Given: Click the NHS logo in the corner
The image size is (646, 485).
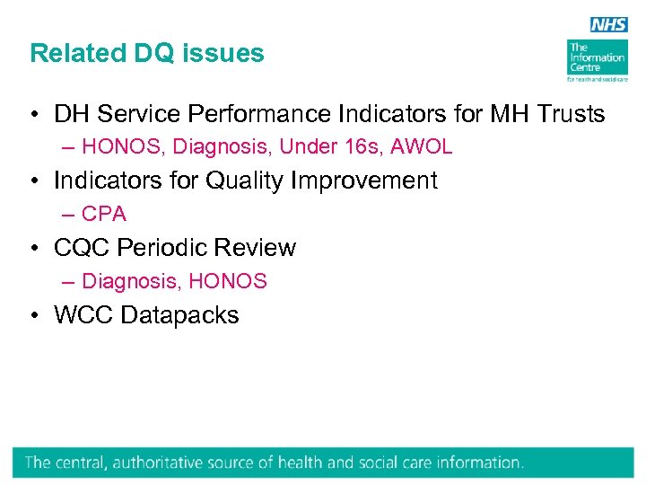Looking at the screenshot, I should pyautogui.click(x=609, y=24).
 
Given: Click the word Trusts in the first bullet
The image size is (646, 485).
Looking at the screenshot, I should pyautogui.click(x=569, y=114).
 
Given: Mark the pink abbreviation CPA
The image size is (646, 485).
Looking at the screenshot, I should pyautogui.click(x=104, y=214).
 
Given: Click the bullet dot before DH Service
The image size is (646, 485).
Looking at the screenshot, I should pyautogui.click(x=31, y=115).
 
